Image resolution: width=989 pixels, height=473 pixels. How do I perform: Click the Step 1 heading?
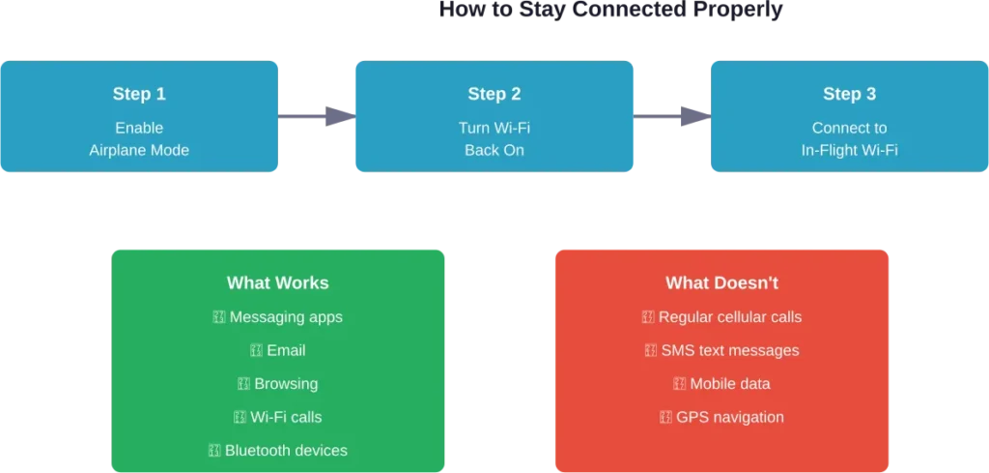point(139,94)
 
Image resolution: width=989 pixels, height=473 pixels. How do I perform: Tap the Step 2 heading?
point(494,94)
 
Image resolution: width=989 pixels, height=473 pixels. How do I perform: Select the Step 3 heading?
point(849,94)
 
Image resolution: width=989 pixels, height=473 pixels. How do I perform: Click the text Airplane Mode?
point(139,151)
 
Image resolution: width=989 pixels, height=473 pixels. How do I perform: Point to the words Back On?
point(494,151)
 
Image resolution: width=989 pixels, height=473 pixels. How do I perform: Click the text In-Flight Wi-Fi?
point(849,151)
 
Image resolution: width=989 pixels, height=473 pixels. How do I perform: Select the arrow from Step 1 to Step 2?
point(315,116)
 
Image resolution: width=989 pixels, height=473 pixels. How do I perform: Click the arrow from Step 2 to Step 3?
point(672,116)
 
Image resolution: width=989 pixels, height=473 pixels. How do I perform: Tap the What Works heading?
point(277,283)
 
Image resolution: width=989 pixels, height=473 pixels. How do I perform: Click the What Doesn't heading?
point(721,283)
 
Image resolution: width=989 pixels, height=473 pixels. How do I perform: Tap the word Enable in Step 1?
point(139,128)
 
